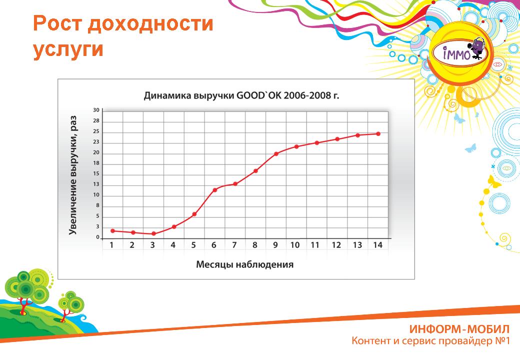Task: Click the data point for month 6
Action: click(215, 190)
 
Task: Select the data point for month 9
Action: click(276, 154)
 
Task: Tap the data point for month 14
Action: click(378, 134)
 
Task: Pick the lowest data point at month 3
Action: click(153, 233)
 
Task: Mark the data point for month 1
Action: click(113, 230)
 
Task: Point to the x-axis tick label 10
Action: click(295, 245)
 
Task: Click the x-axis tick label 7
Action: click(234, 245)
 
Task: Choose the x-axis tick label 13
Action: click(357, 245)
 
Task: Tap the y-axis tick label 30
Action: click(96, 110)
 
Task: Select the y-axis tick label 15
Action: click(96, 173)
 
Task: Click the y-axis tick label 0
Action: click(98, 237)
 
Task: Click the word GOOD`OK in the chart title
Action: click(258, 95)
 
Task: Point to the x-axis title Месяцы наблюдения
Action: click(244, 264)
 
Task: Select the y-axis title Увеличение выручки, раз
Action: click(73, 175)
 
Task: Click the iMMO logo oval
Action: click(459, 53)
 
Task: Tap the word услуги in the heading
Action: click(68, 49)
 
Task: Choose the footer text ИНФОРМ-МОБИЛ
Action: click(459, 329)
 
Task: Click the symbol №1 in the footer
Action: click(502, 341)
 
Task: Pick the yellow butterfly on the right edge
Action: click(494, 182)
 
